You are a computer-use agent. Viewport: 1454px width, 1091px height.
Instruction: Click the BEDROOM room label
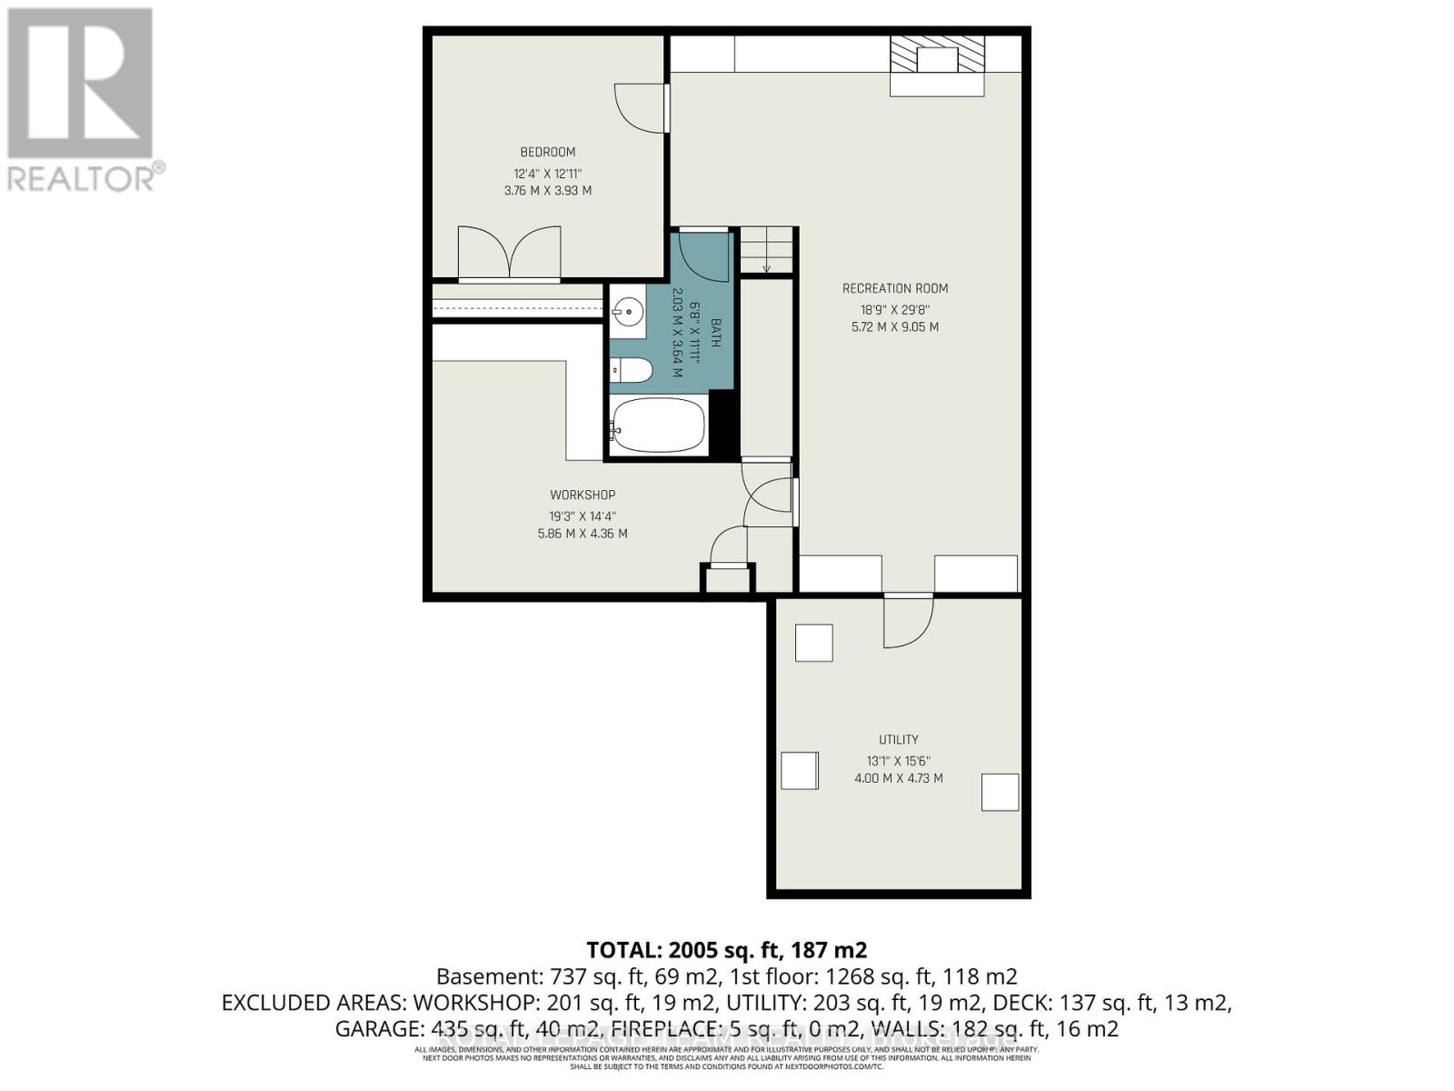pos(547,152)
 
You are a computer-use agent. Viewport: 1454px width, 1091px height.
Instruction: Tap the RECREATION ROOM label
pos(894,288)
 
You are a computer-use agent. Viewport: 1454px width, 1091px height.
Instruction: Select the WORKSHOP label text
pos(583,495)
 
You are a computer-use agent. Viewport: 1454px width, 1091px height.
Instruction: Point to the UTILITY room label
pos(898,739)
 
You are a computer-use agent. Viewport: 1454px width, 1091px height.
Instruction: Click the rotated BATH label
pos(715,333)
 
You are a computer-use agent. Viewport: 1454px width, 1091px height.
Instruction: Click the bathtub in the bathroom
pos(658,427)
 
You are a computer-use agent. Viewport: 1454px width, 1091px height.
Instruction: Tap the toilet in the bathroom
pos(632,370)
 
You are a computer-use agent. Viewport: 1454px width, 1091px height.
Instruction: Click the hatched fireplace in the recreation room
pos(937,57)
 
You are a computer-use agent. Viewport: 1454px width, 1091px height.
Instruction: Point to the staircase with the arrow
pos(766,250)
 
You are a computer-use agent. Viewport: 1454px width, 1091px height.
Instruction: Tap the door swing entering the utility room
pos(908,622)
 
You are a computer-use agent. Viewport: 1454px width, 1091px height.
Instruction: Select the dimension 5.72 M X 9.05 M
pos(894,326)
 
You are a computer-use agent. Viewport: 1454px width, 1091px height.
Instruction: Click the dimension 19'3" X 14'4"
pos(582,515)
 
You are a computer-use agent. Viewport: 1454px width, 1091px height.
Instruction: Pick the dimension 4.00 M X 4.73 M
pos(898,778)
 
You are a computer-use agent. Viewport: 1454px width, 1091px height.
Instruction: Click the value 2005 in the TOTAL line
pos(695,950)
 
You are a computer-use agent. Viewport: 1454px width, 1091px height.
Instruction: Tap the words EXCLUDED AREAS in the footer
pos(314,1003)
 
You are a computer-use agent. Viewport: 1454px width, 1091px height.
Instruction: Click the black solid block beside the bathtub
pos(722,424)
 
